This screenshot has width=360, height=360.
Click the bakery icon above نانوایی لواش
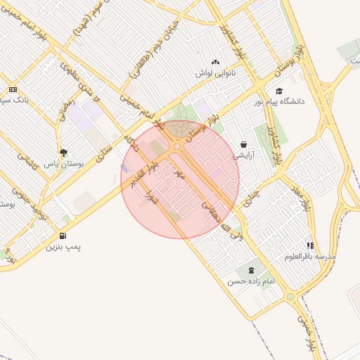tap(214, 63)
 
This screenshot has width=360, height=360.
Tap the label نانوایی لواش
tap(214, 72)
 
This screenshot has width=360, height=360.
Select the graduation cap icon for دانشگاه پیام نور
tap(279, 91)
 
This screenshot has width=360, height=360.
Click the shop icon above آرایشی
tap(243, 144)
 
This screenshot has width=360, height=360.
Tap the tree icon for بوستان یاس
tap(64, 152)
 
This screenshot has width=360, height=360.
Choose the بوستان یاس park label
tap(63, 162)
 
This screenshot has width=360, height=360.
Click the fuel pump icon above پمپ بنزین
tap(64, 236)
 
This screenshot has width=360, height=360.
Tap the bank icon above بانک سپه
tap(13, 89)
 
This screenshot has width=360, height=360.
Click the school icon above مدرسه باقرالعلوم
tap(310, 245)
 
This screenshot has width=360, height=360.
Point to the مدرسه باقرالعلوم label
tap(310, 256)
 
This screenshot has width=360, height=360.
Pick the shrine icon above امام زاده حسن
tap(251, 271)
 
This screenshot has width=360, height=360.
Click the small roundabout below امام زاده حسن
tap(290, 297)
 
